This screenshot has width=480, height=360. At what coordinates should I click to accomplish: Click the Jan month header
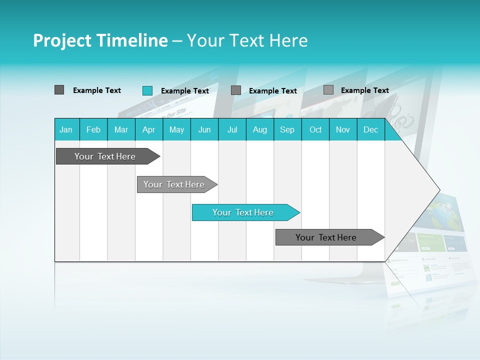[x=66, y=129]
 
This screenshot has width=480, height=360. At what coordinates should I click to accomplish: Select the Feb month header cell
[x=93, y=129]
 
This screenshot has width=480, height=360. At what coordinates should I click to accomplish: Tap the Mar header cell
[x=121, y=129]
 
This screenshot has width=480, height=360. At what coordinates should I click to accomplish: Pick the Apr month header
[x=149, y=129]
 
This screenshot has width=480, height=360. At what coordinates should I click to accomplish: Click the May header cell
[x=176, y=129]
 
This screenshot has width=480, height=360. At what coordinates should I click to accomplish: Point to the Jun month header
[x=204, y=129]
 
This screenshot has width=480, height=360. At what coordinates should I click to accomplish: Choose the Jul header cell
[x=232, y=129]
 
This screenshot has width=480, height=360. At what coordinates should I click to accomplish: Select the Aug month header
[x=260, y=129]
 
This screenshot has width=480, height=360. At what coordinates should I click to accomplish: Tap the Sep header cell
[x=287, y=129]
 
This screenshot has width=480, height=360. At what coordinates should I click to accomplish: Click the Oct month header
[x=315, y=129]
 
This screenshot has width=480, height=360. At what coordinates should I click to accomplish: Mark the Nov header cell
[x=343, y=129]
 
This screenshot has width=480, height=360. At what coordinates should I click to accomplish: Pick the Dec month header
[x=371, y=129]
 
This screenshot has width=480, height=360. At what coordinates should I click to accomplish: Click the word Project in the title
[x=62, y=40]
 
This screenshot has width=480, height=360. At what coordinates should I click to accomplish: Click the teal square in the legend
[x=147, y=90]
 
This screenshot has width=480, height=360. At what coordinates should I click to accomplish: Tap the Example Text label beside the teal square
[x=185, y=91]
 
